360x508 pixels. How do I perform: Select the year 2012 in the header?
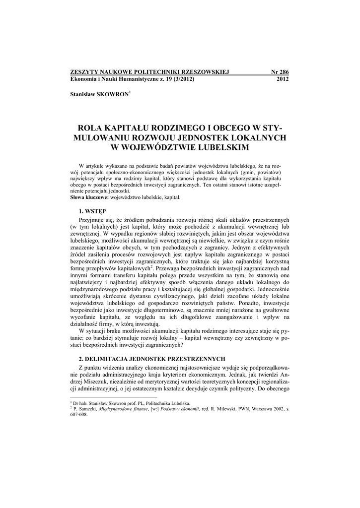point(282,79)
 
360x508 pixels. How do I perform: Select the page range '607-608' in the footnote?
point(79,415)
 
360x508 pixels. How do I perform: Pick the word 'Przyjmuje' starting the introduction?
point(91,219)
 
